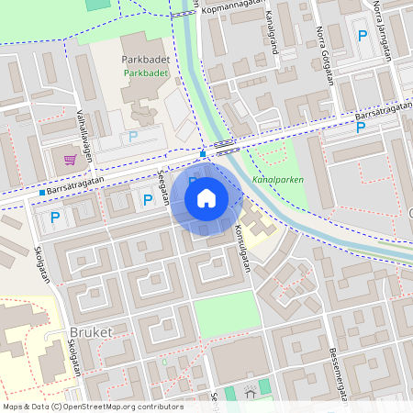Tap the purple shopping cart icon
(x=70, y=159)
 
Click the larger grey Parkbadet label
(x=144, y=60)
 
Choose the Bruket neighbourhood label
(x=91, y=331)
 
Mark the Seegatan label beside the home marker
(x=164, y=186)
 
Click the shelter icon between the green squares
(x=250, y=394)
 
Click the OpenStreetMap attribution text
(x=92, y=407)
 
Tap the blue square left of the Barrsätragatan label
(x=42, y=193)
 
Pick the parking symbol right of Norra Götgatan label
(x=362, y=37)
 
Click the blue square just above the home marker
(x=202, y=153)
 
